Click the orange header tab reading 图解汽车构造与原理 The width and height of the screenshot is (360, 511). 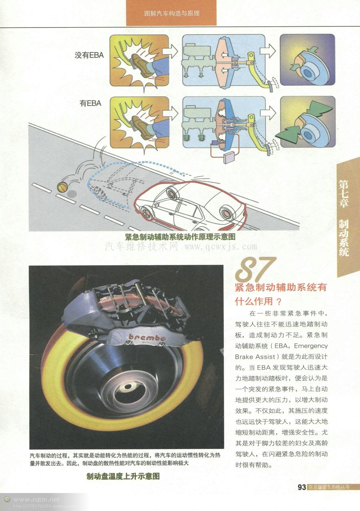172,13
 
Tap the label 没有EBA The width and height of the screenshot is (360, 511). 89,55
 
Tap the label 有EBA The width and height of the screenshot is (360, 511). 90,103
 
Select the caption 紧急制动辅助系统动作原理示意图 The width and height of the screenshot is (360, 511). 180,237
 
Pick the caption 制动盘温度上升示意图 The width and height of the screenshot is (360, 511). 123,476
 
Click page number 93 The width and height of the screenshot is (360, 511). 302,487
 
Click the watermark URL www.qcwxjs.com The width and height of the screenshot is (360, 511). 215,246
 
